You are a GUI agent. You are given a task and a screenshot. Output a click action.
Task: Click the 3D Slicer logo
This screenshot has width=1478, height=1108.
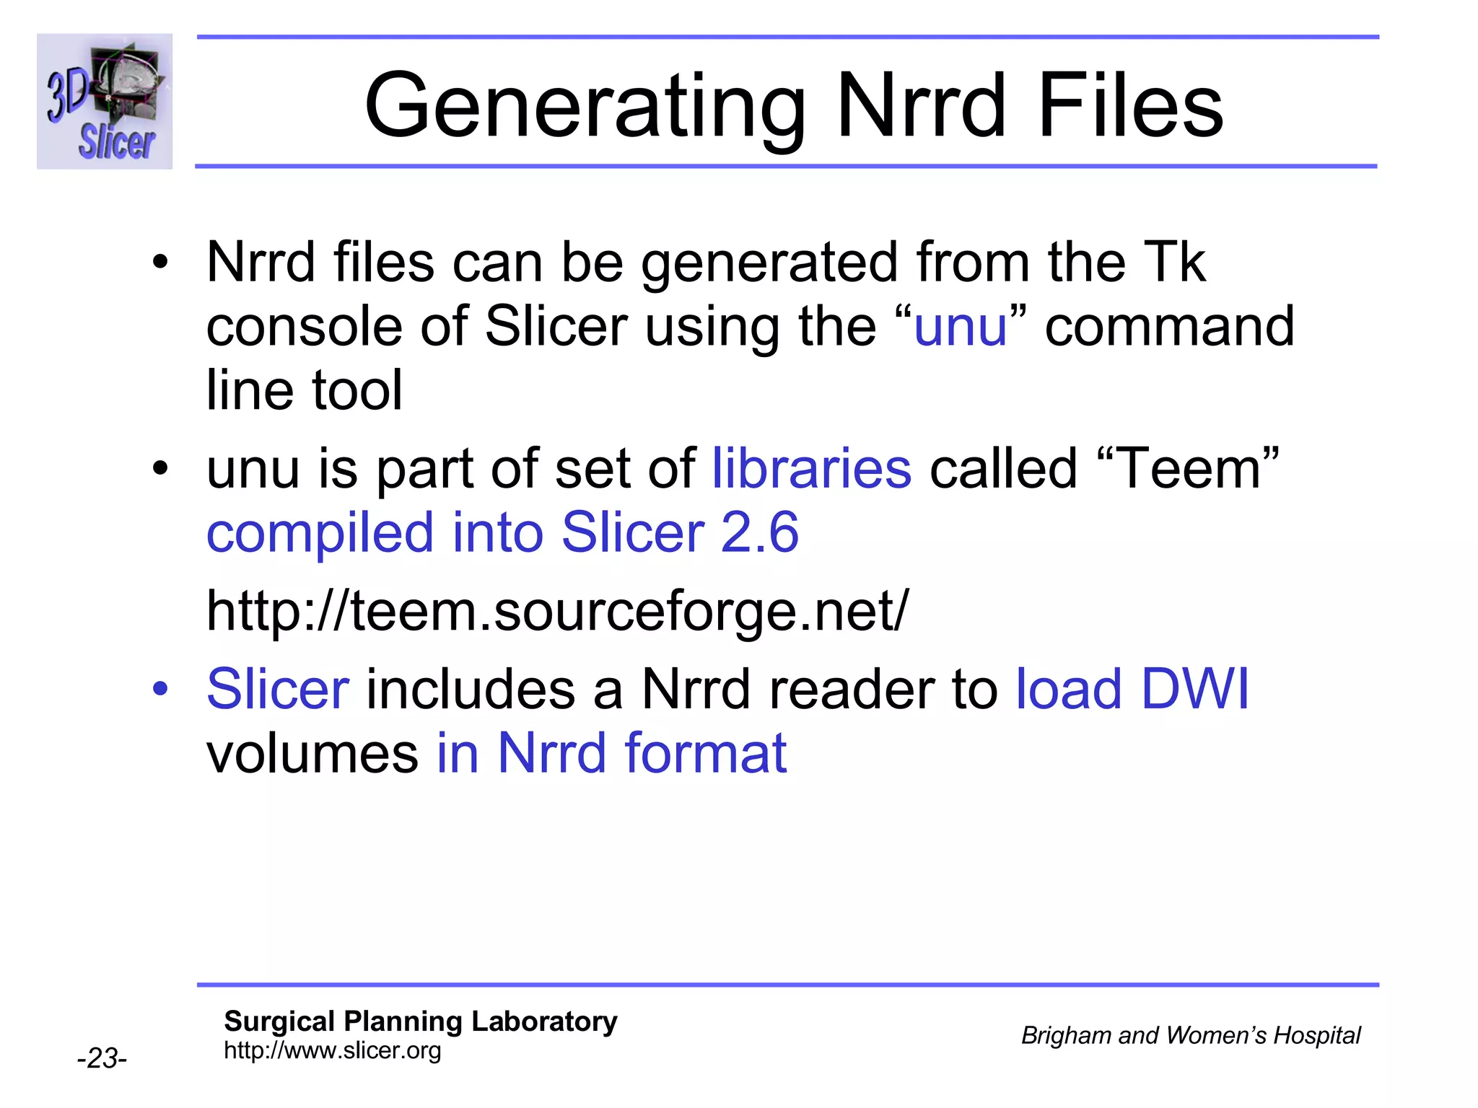[x=105, y=102]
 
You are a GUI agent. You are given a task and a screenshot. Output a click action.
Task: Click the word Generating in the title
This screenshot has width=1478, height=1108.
[x=585, y=106]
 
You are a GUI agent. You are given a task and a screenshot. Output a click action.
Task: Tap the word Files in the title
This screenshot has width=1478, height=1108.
[x=1129, y=106]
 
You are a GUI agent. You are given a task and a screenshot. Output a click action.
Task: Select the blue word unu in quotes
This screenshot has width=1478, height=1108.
[x=960, y=327]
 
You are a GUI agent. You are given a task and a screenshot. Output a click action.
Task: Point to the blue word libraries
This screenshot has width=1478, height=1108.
[x=812, y=469]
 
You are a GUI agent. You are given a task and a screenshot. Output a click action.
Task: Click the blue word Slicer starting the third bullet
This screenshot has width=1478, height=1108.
[x=278, y=689]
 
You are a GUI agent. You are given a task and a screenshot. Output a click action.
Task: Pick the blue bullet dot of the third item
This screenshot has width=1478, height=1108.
[x=159, y=689]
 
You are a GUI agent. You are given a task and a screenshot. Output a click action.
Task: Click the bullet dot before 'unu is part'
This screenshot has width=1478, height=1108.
[x=159, y=470]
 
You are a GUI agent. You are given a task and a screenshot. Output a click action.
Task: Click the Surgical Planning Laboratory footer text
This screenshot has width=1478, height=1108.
[x=421, y=1021]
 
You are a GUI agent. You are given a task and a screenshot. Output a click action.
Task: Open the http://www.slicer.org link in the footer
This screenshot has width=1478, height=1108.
[x=332, y=1050]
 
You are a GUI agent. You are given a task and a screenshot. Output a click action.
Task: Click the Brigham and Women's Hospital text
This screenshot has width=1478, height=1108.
[x=1191, y=1036]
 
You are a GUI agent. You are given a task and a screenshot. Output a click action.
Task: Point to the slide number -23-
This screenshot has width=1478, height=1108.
[x=102, y=1058]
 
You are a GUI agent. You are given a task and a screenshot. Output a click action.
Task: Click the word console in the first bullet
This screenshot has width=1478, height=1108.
[x=305, y=327]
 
